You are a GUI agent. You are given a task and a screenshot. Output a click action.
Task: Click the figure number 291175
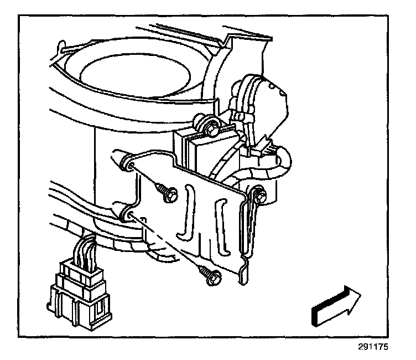point(374,348)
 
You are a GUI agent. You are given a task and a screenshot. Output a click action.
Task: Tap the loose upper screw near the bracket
point(168,192)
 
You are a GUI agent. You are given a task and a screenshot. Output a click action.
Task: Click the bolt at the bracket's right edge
point(261,194)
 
